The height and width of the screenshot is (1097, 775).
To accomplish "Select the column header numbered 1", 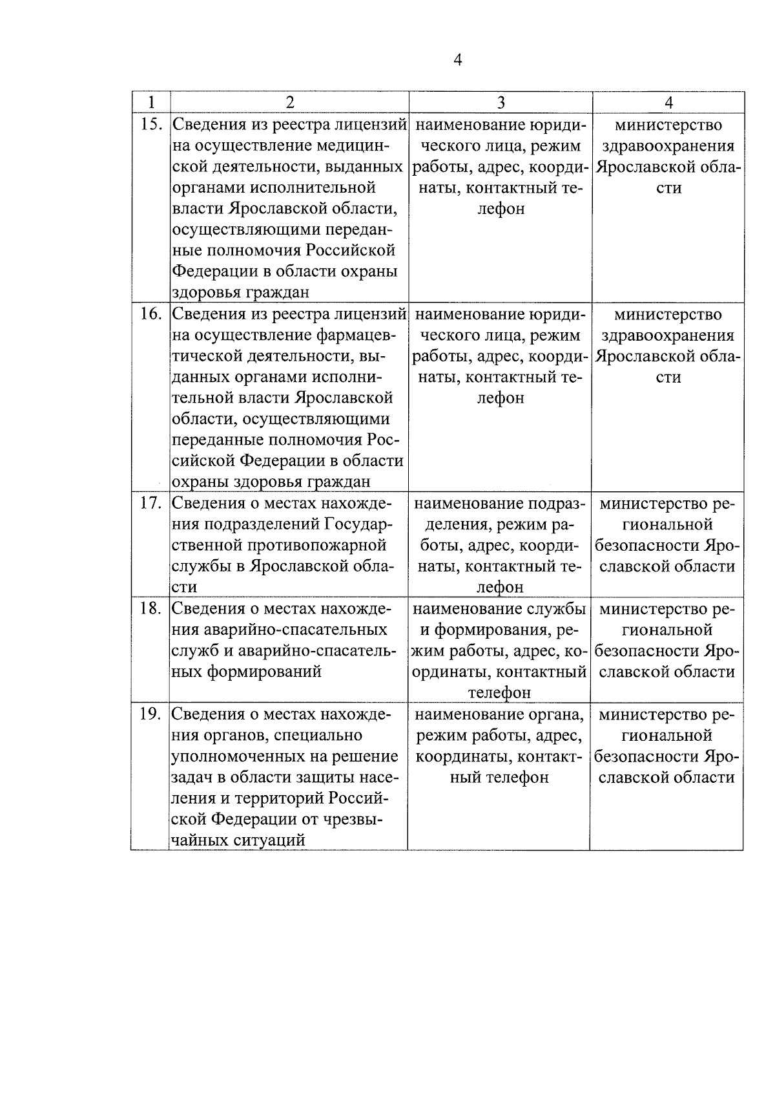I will [150, 102].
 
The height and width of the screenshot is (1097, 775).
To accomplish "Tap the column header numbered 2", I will [289, 102].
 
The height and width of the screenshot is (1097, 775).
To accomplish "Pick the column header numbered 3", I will [501, 102].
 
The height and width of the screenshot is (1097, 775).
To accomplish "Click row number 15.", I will [150, 124].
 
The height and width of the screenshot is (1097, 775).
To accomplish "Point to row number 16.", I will [150, 314].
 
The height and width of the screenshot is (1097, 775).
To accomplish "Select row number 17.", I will [150, 504].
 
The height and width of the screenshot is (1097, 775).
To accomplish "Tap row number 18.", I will [150, 609].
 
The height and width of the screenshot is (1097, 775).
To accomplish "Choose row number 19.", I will [150, 714].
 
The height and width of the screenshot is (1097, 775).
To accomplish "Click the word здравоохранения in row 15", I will [668, 146].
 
